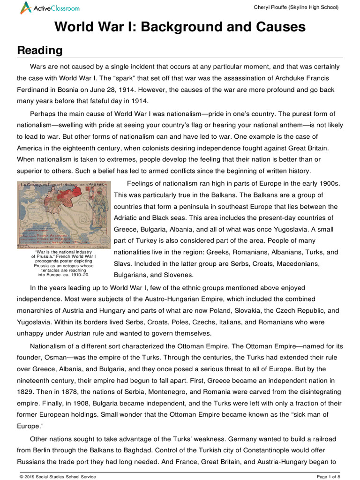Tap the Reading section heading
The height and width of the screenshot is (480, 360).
(x=40, y=50)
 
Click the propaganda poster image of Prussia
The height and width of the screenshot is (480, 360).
(x=64, y=215)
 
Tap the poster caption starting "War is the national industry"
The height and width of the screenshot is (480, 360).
(x=64, y=265)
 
